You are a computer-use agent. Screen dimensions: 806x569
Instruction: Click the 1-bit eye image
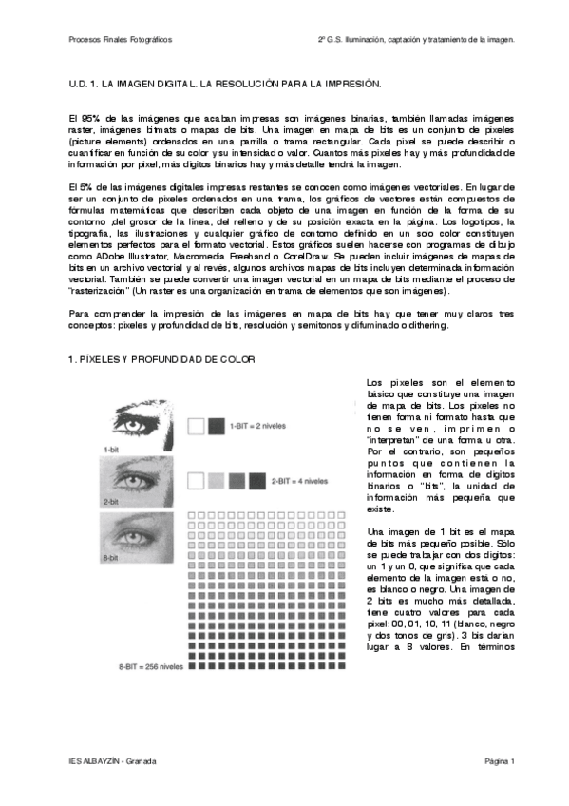pos(142,413)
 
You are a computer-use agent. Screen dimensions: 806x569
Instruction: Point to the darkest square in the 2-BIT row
pos(256,481)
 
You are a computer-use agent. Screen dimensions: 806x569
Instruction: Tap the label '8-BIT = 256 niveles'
pos(151,666)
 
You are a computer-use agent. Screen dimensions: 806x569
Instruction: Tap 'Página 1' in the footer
pos(499,761)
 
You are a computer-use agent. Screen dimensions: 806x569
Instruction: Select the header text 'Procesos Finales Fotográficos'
pos(121,40)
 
